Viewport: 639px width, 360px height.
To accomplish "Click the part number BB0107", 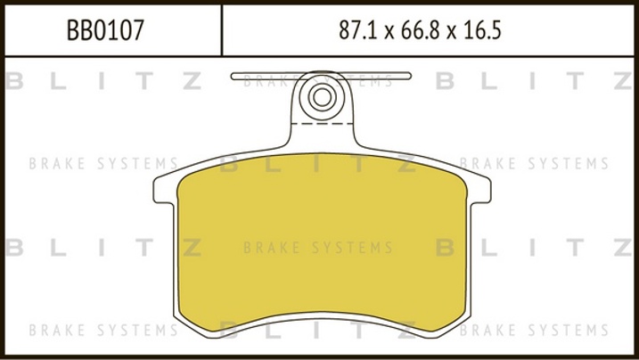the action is tap(105, 30).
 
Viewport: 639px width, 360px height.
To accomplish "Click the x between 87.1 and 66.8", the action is tap(389, 33).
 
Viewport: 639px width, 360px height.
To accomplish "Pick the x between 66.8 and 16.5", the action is tap(451, 33).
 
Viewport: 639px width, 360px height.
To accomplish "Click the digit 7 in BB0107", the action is tap(138, 30).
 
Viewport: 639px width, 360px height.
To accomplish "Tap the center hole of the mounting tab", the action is tap(323, 97).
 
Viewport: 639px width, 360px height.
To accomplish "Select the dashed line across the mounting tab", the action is tap(323, 123).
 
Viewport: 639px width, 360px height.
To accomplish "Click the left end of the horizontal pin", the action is tap(232, 76).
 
